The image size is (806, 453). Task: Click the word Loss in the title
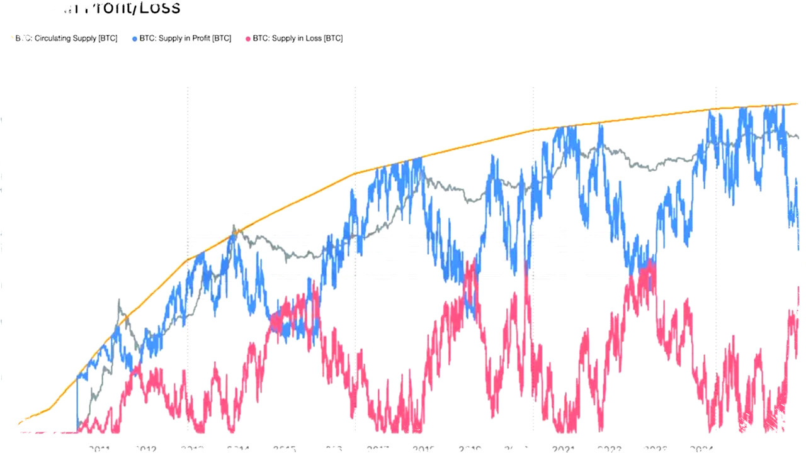[159, 8]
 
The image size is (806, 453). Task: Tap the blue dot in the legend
[135, 38]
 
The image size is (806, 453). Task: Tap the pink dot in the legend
[247, 38]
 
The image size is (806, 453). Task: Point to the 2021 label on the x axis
[563, 448]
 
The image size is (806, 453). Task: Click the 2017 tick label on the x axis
[378, 448]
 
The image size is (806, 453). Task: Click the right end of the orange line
[797, 103]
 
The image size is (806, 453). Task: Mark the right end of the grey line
[797, 137]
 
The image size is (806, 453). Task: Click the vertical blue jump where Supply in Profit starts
[77, 403]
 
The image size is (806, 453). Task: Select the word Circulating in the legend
[44, 38]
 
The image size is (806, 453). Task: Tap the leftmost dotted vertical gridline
[188, 189]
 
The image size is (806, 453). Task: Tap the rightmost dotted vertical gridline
[717, 189]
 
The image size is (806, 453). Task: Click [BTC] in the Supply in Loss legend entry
[332, 38]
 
